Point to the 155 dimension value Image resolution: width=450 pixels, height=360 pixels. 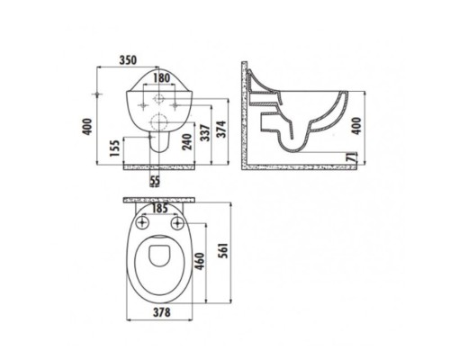coord(113,148)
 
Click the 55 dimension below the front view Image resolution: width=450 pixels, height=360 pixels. coord(154,181)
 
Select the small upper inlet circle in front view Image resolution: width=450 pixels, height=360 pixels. coord(158,93)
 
